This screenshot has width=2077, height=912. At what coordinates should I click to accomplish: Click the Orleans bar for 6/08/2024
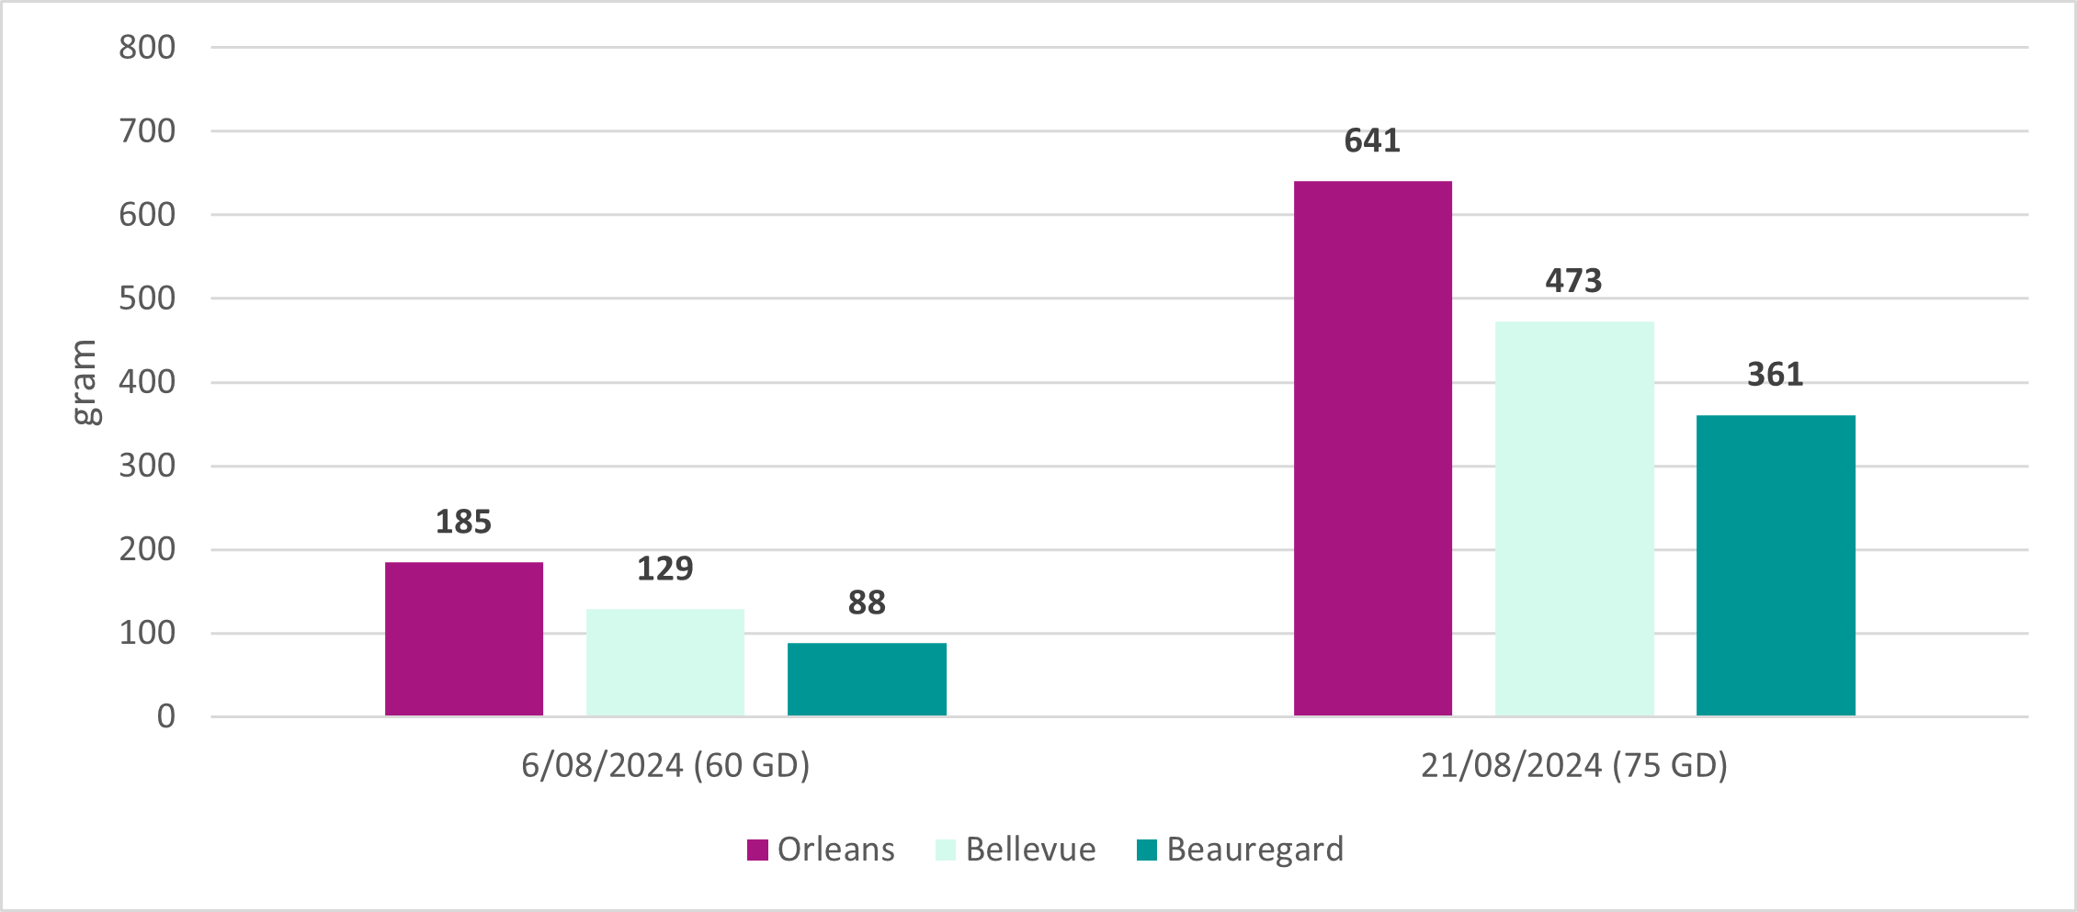pyautogui.click(x=464, y=639)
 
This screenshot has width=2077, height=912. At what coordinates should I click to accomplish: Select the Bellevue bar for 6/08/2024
pyautogui.click(x=665, y=662)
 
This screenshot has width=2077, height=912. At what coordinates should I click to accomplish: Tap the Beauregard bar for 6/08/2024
pyautogui.click(x=867, y=680)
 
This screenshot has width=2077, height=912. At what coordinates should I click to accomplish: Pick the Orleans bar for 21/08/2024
pyautogui.click(x=1373, y=448)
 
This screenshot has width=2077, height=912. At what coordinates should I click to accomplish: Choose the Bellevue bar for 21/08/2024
pyautogui.click(x=1574, y=519)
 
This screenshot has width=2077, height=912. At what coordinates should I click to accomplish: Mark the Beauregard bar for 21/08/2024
pyautogui.click(x=1776, y=566)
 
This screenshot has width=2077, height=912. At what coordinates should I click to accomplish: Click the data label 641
pyautogui.click(x=1372, y=141)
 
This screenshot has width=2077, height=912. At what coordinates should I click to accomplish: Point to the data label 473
pyautogui.click(x=1573, y=281)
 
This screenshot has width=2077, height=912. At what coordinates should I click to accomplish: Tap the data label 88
pyautogui.click(x=867, y=603)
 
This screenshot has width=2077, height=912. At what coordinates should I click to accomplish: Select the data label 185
pyautogui.click(x=463, y=523)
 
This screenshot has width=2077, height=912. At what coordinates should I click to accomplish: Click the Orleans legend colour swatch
pyautogui.click(x=757, y=850)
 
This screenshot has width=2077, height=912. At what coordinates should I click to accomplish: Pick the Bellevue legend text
pyautogui.click(x=1030, y=850)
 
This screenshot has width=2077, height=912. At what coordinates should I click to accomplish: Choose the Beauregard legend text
pyautogui.click(x=1254, y=850)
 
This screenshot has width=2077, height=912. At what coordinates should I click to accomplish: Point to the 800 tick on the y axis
pyautogui.click(x=147, y=48)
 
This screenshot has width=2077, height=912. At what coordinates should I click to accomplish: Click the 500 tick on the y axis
pyautogui.click(x=147, y=298)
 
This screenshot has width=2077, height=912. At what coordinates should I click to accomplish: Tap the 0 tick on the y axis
pyautogui.click(x=165, y=716)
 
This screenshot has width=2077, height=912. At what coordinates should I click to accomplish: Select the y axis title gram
pyautogui.click(x=85, y=382)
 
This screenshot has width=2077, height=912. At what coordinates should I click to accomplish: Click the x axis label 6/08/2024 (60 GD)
pyautogui.click(x=665, y=765)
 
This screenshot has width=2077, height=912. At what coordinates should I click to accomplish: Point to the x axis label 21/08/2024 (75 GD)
pyautogui.click(x=1574, y=765)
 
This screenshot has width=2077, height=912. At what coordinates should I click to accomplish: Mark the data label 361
pyautogui.click(x=1775, y=375)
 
